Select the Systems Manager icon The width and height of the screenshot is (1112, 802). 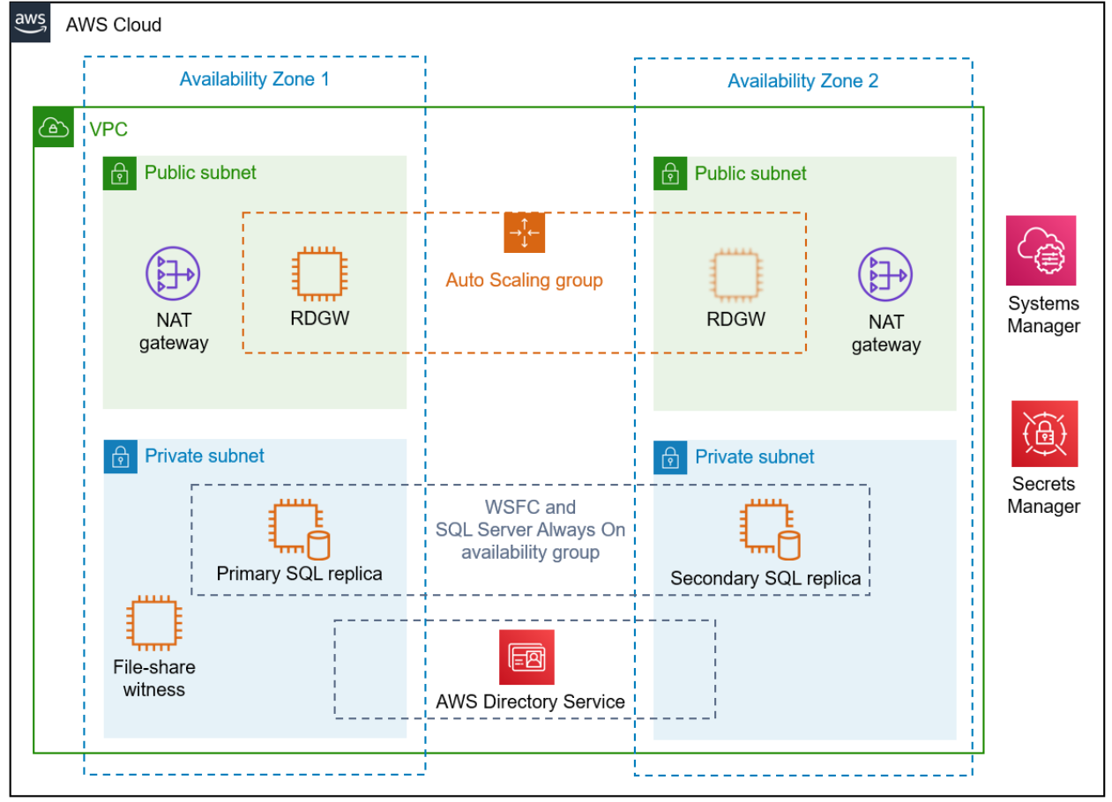pos(1041,250)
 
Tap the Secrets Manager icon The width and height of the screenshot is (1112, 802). pos(1044,434)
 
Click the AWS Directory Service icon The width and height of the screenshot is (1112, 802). pos(526,657)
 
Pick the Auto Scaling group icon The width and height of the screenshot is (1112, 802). pos(525,233)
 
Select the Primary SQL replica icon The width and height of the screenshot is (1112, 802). pos(299,530)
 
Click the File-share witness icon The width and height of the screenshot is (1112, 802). pos(153,624)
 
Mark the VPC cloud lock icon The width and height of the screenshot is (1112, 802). pos(54,129)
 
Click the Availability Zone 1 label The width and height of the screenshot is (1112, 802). pos(254,79)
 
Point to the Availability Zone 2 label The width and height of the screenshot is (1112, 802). pos(802,81)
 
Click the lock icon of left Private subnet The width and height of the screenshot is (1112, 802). pos(120,457)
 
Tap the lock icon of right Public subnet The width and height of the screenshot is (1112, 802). pos(670,174)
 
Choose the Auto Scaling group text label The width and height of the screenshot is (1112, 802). pos(524,280)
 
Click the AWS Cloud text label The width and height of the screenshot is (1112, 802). pos(113,25)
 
